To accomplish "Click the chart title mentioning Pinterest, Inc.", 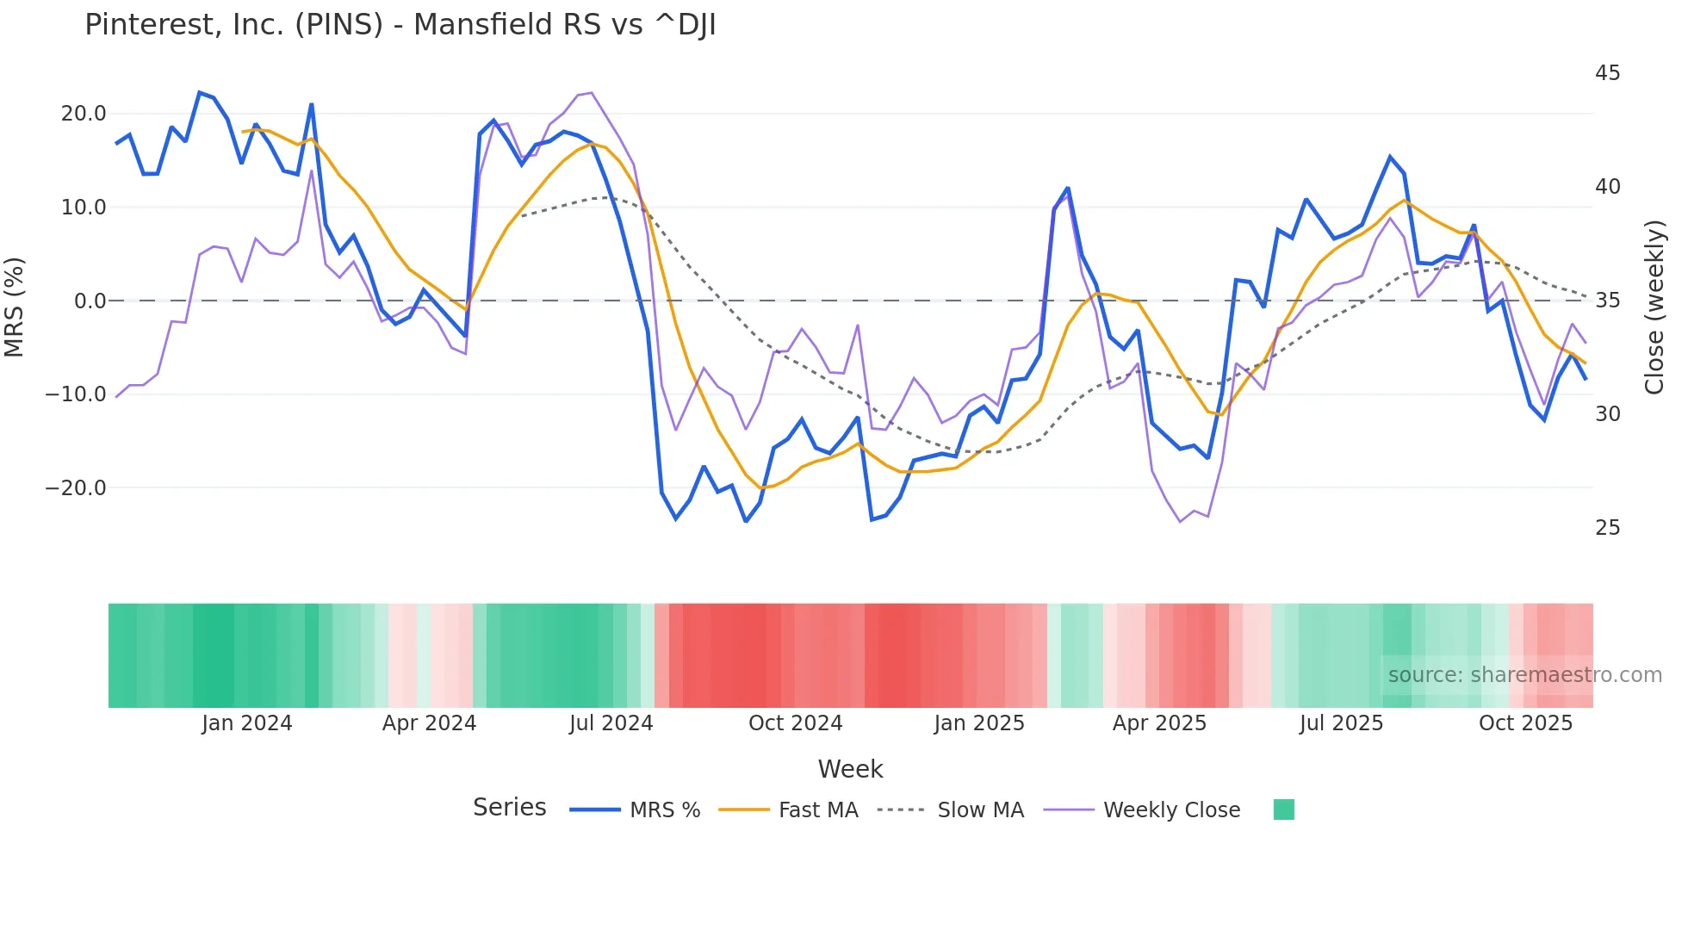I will pyautogui.click(x=400, y=25).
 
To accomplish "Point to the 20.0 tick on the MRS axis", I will pyautogui.click(x=84, y=114).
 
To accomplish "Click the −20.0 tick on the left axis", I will pyautogui.click(x=76, y=488).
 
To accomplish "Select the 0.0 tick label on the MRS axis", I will pyautogui.click(x=90, y=301).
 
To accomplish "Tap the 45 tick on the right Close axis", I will pyautogui.click(x=1607, y=73).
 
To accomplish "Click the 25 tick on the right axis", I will pyautogui.click(x=1607, y=528).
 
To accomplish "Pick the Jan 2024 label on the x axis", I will pyautogui.click(x=246, y=723).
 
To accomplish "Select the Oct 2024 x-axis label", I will pyautogui.click(x=795, y=723).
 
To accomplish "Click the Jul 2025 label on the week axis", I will pyautogui.click(x=1341, y=723).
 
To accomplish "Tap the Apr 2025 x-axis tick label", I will pyautogui.click(x=1159, y=723).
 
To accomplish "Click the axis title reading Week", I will pyautogui.click(x=850, y=769).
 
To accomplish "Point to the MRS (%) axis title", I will pyautogui.click(x=15, y=307).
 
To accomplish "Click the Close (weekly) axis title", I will pyautogui.click(x=1654, y=307).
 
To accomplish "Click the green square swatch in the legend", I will pyautogui.click(x=1283, y=809).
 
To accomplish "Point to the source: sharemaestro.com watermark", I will pyautogui.click(x=1524, y=675).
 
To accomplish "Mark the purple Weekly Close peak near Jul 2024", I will pyautogui.click(x=591, y=93).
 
